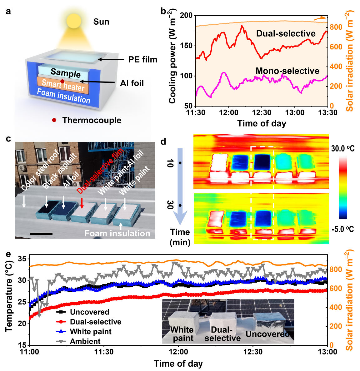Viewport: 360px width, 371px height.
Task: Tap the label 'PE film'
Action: pos(143,59)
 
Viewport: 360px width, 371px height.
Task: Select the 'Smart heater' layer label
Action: pos(63,85)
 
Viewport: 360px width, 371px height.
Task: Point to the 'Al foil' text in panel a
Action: pos(132,83)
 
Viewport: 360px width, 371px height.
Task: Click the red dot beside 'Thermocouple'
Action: pos(54,120)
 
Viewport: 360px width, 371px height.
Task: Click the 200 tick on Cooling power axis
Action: pos(187,16)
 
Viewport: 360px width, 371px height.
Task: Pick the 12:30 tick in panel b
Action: pos(262,112)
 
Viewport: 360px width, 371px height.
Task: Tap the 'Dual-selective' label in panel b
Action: pos(286,34)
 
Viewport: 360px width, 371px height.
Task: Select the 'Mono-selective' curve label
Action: pos(287,71)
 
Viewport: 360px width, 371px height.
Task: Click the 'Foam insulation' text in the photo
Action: pos(117,233)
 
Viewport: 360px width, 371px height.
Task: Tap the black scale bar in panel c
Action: pos(41,233)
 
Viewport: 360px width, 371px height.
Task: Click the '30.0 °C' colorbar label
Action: pos(343,149)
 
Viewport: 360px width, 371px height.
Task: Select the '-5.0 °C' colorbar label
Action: pos(343,230)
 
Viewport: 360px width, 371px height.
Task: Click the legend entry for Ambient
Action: pos(85,341)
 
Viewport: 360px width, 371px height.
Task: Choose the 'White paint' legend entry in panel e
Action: pos(91,332)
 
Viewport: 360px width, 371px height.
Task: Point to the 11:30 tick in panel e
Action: pos(104,352)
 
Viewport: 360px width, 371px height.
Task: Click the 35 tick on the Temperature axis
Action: pos(22,259)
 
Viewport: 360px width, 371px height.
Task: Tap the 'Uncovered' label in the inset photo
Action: pos(267,334)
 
